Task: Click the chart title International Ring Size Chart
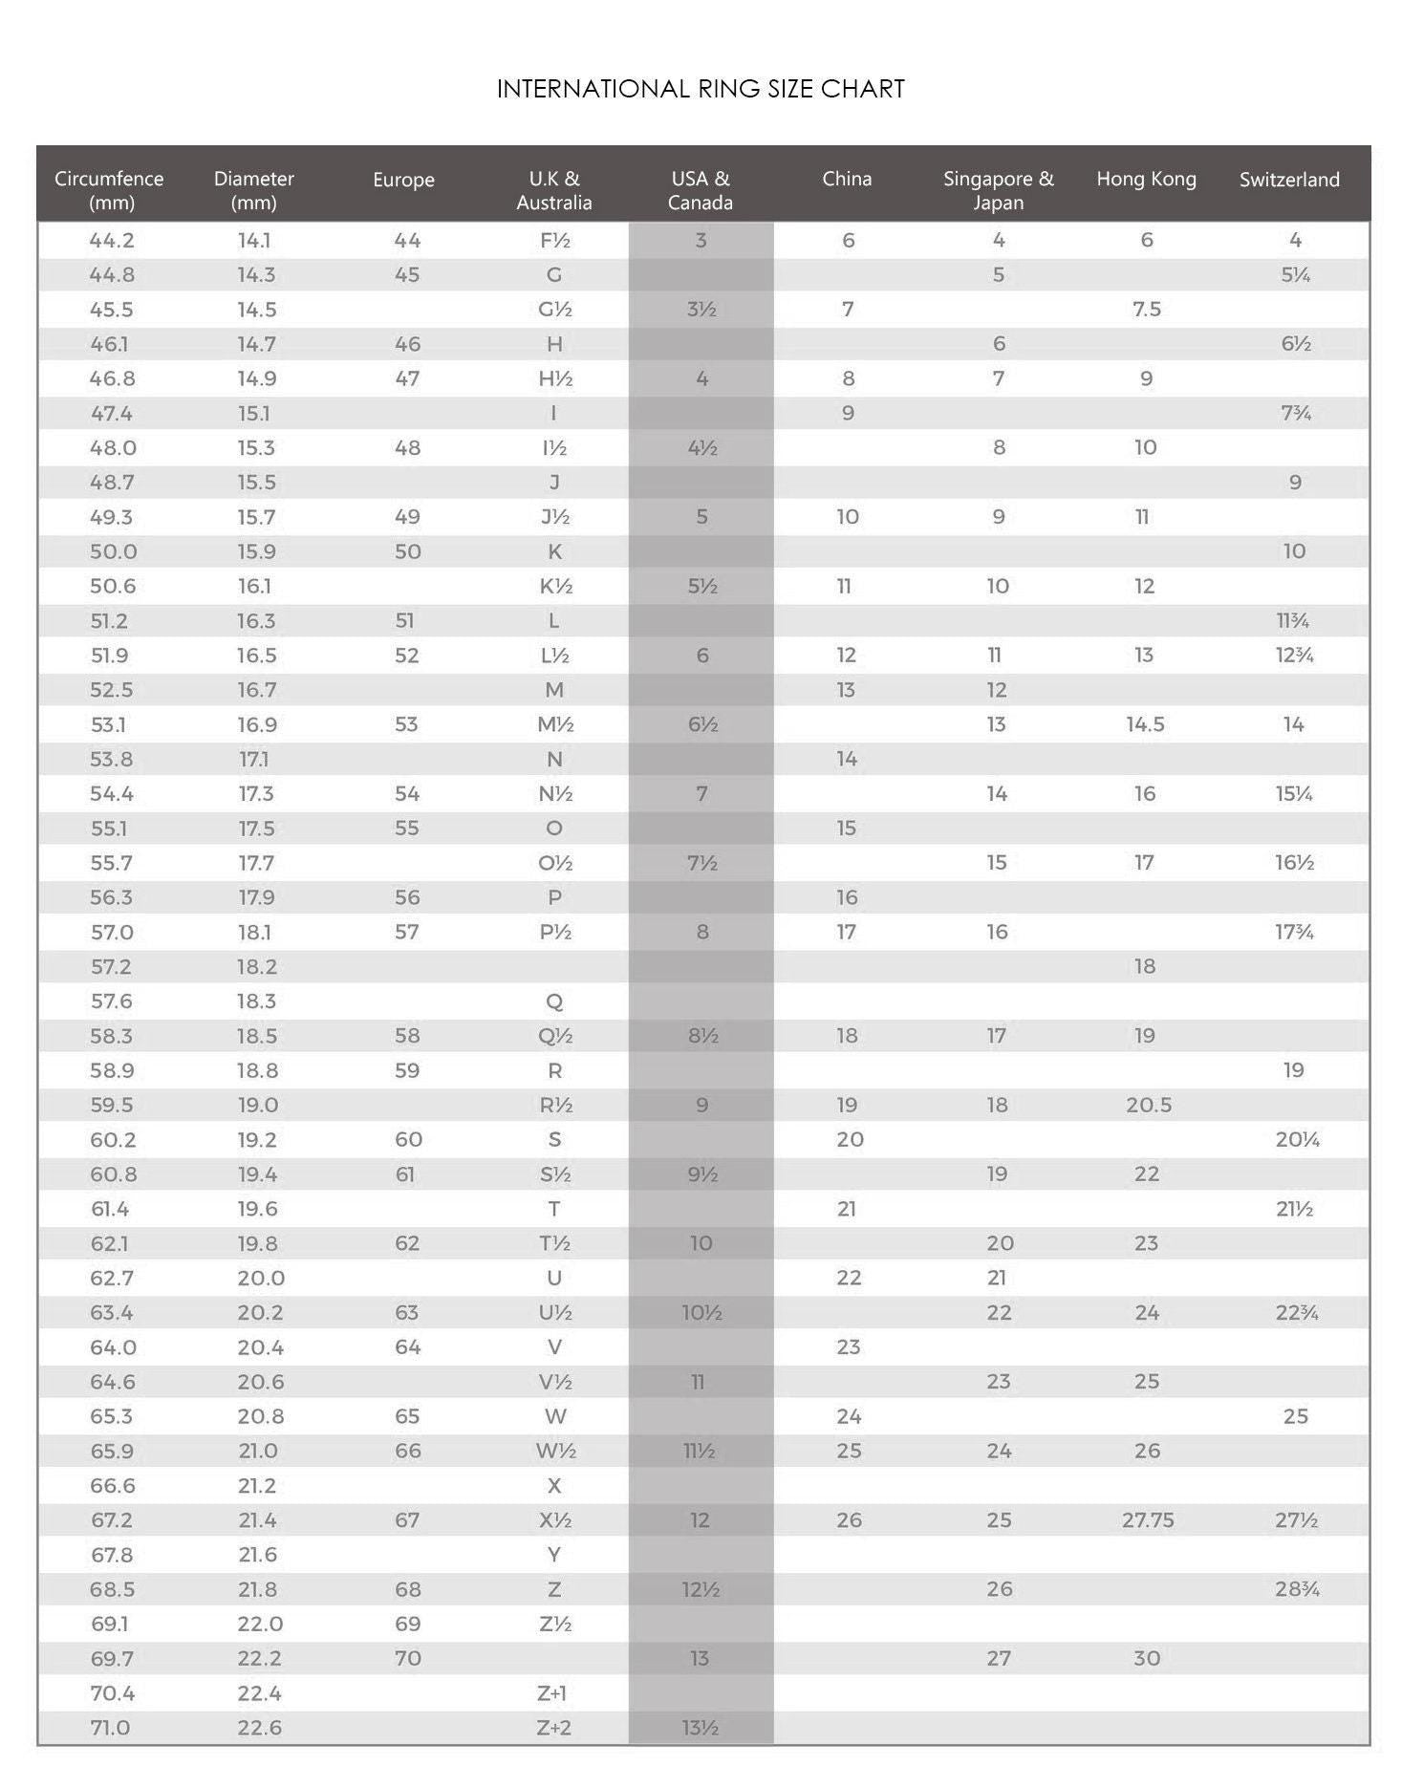pos(701,89)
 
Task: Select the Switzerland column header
pos(1289,180)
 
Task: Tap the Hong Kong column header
pos(1146,179)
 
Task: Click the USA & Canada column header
pos(701,190)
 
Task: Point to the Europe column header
pos(403,180)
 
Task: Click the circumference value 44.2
pos(112,241)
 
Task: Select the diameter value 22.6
pos(259,1728)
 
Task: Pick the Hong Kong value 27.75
pos(1148,1520)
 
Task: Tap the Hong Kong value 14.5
pos(1145,724)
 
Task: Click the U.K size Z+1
pos(552,1693)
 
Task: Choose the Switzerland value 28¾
pos(1297,1589)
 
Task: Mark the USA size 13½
pos(701,1728)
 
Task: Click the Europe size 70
pos(407,1658)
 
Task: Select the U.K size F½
pos(554,241)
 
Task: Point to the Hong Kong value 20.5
pos(1148,1105)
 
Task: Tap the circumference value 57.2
pos(111,966)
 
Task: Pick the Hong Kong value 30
pos(1147,1658)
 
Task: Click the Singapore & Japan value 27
pos(999,1658)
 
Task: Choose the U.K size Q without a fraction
pos(554,1001)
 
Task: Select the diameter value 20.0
pos(261,1278)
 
